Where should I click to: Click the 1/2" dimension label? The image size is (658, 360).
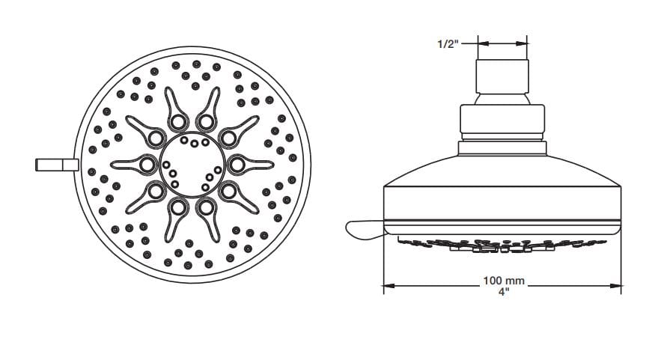(448, 44)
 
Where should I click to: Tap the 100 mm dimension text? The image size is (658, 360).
(503, 281)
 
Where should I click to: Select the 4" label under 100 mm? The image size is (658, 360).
(503, 292)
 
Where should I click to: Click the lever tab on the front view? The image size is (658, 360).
(56, 165)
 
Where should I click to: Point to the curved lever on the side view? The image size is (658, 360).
(364, 231)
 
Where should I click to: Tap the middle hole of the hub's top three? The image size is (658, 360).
(193, 143)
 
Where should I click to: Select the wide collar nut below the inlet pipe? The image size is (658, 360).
(503, 122)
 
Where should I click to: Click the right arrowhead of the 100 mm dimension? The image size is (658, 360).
(618, 284)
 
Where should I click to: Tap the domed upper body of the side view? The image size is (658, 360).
(503, 168)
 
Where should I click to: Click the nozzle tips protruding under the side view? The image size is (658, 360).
(503, 243)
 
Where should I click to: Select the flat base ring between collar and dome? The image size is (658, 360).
(503, 147)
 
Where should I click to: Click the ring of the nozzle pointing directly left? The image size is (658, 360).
(147, 164)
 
